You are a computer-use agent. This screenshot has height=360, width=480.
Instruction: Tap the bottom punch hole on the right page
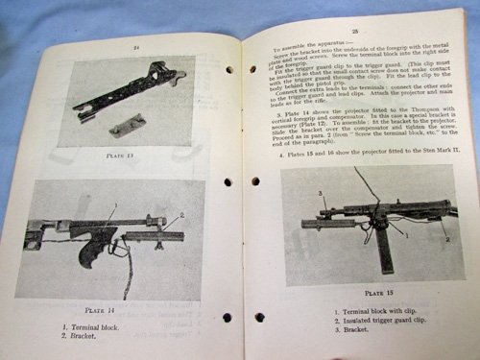(x=260, y=318)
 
